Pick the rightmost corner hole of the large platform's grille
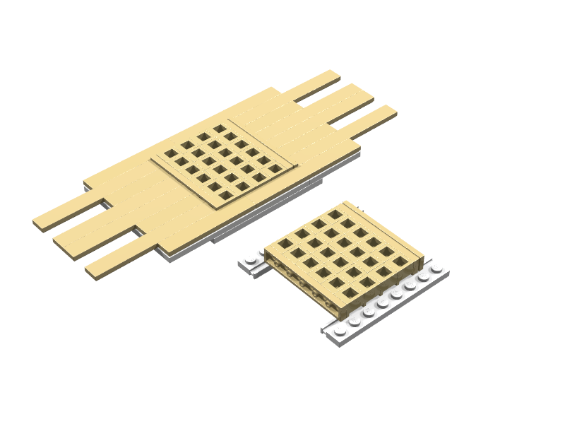274,170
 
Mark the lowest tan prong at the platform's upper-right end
371,119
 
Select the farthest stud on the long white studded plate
437,269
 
